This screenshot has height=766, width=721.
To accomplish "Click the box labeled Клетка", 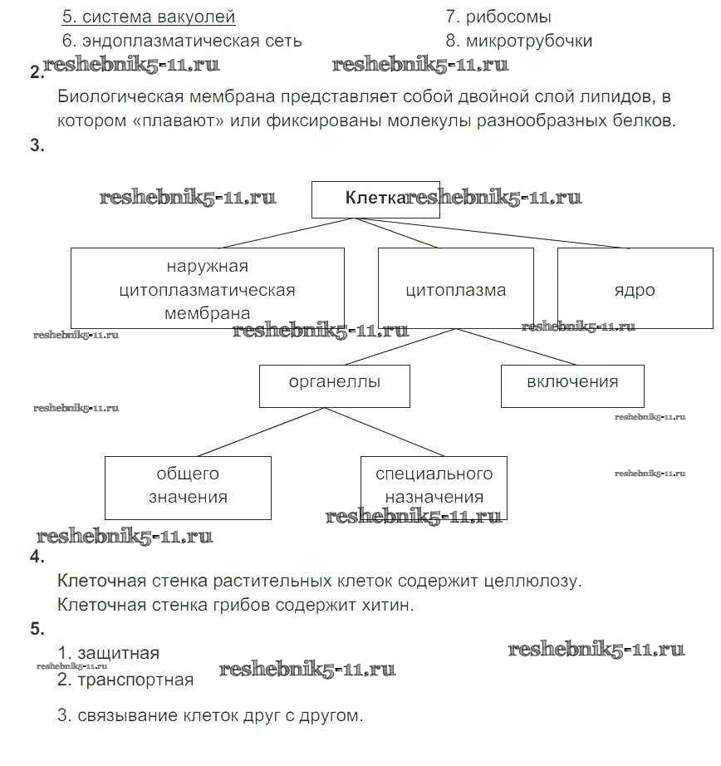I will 375,199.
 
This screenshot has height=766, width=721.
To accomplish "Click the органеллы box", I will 334,385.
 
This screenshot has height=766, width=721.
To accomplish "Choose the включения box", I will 572,385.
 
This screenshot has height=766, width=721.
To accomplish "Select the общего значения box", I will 188,487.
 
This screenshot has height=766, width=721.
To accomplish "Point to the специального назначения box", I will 434,487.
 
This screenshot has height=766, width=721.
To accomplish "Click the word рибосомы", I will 509,17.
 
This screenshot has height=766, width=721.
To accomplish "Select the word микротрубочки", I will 529,41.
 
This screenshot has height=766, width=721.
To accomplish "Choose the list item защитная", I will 117,653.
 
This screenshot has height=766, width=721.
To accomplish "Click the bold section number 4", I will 37,557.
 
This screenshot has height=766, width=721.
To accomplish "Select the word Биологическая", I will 111,96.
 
